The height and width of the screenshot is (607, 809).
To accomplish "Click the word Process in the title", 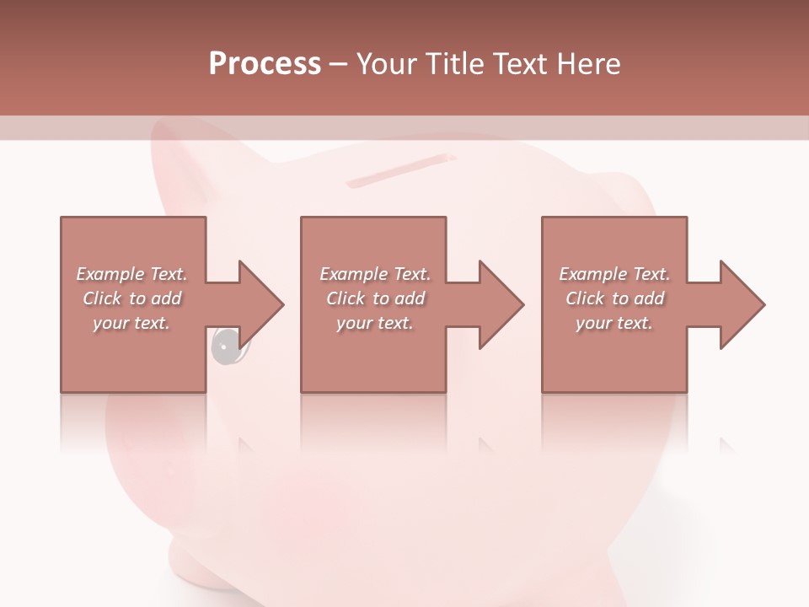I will click(x=265, y=64).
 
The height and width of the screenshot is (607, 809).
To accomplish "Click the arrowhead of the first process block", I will click(x=262, y=304).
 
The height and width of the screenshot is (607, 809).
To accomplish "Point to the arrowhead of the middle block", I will click(x=502, y=304).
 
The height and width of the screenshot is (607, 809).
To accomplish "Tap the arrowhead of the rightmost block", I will click(x=743, y=304).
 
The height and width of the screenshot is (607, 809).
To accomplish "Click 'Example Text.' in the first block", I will click(x=131, y=274).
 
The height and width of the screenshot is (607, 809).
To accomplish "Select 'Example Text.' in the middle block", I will click(x=374, y=274).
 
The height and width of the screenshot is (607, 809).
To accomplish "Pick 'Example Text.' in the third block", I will click(x=614, y=274).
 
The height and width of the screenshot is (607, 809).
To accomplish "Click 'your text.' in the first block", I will click(x=131, y=323).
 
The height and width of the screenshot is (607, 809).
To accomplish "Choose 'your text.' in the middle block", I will click(x=374, y=323).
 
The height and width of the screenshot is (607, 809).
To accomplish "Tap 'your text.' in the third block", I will click(x=614, y=323).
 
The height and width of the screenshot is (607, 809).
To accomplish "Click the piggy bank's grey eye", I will click(x=224, y=346).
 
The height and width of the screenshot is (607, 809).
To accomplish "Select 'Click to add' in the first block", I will click(x=131, y=298).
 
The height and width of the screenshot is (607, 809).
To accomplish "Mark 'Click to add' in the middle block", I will click(x=374, y=298).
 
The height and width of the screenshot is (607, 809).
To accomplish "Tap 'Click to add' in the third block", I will click(x=614, y=298).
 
